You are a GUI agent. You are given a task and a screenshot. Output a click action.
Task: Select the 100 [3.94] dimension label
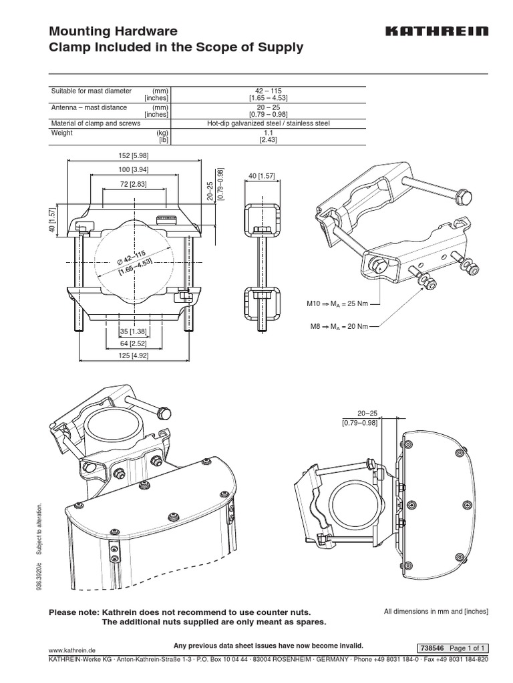click(134, 171)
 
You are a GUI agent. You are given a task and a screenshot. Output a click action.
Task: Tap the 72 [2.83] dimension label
click(134, 183)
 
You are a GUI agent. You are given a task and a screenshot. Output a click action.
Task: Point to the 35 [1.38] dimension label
click(134, 331)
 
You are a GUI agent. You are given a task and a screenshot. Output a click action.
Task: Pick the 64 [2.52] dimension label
click(134, 344)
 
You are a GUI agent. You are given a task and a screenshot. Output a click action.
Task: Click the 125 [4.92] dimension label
click(134, 357)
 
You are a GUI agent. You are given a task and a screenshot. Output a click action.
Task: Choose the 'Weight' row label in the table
click(61, 133)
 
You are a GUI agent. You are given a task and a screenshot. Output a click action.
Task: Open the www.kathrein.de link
click(73, 649)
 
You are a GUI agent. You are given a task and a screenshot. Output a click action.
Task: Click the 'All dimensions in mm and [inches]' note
click(436, 611)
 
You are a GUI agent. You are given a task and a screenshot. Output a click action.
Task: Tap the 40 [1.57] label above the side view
click(256, 176)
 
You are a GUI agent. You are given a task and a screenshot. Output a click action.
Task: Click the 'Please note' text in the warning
click(74, 612)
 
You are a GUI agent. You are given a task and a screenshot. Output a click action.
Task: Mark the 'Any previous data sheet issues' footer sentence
click(268, 646)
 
